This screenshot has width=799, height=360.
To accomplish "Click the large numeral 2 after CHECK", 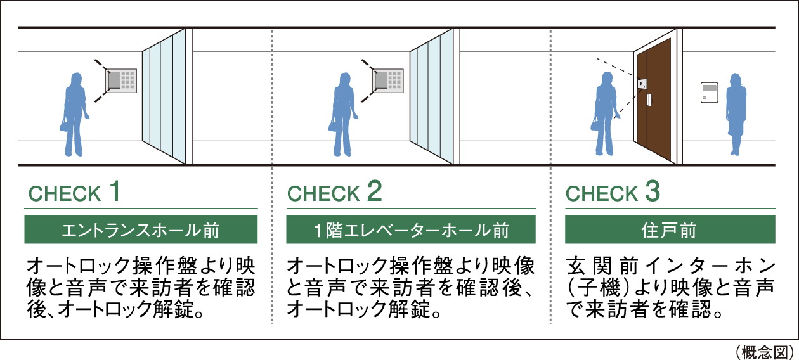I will pos(374,191).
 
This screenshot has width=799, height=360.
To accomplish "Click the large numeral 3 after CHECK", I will pos(652,191).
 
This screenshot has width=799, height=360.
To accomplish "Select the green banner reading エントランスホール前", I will pos(141,229).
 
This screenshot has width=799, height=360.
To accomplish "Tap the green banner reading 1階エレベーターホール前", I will pos(411,229).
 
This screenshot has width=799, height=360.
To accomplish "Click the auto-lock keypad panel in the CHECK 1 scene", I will pos(121,80).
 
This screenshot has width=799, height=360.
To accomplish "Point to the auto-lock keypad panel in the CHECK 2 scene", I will pos(387,80).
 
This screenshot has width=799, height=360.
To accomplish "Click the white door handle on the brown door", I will pos(649,100).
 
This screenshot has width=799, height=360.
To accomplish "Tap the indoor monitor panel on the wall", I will pos(708,92).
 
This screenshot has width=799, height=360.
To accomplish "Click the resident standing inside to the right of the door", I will pos(736,114).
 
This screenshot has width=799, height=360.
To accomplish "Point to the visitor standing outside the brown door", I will pos(606,114).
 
